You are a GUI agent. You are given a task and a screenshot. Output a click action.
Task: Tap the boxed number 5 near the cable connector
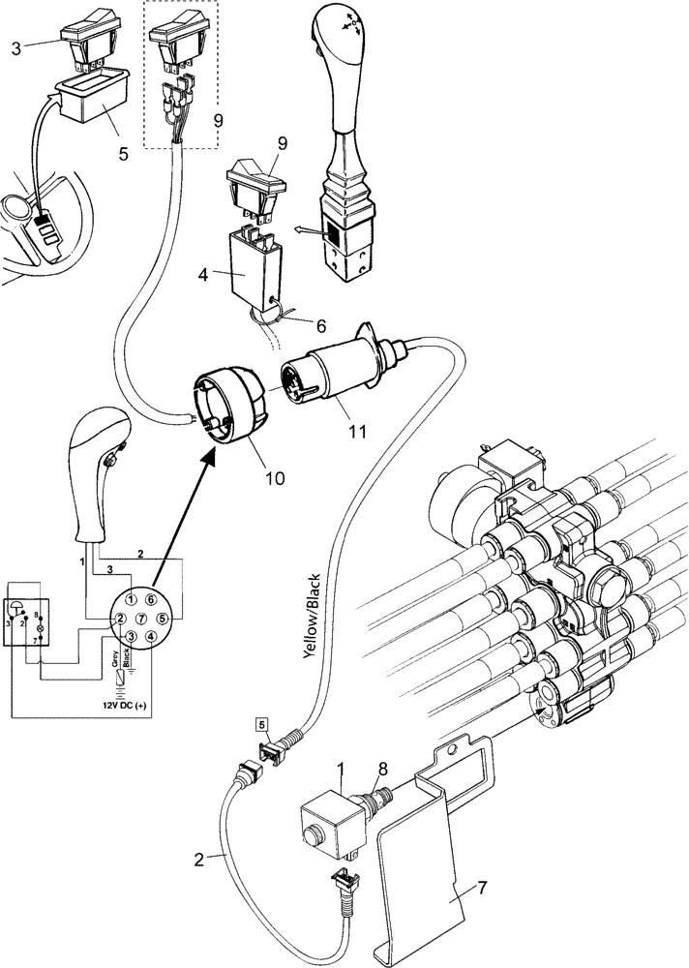pyautogui.click(x=261, y=723)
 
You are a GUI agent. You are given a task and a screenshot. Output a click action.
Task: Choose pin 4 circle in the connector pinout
pyautogui.click(x=153, y=637)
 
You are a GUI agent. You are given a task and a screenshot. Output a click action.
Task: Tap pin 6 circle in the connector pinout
pyautogui.click(x=152, y=601)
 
